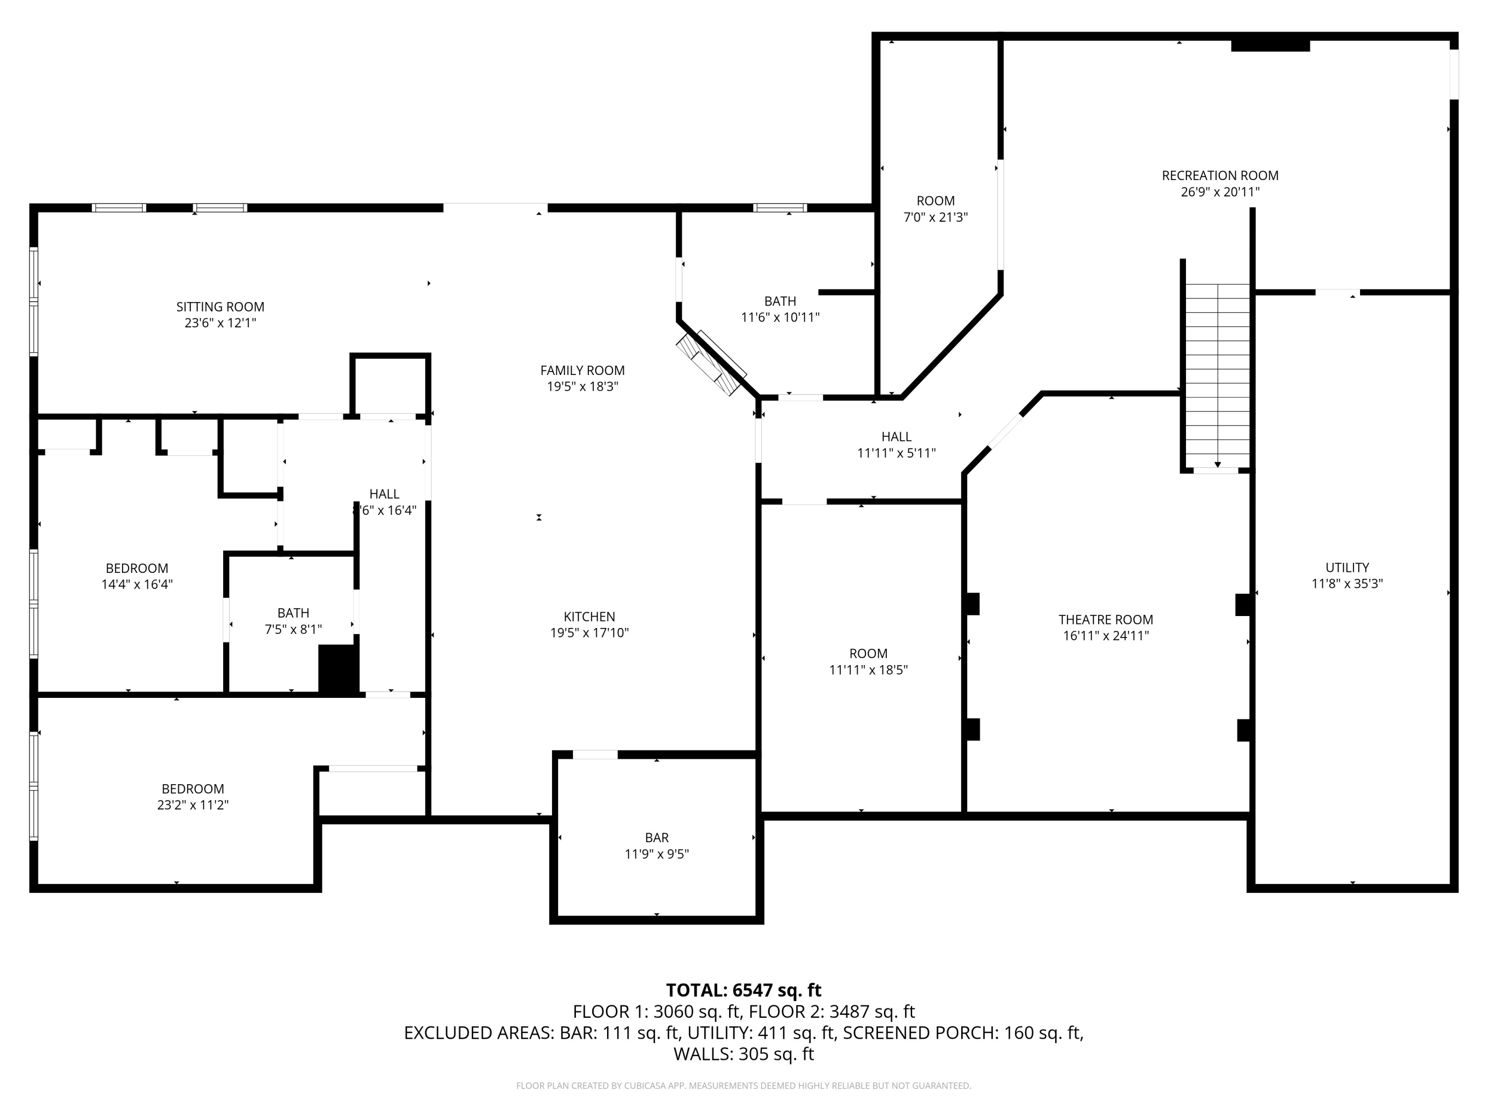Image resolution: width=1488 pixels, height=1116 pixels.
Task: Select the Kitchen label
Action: click(x=589, y=616)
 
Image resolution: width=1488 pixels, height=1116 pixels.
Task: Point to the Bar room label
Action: click(x=657, y=838)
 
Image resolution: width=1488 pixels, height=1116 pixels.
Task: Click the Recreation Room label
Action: click(x=1220, y=176)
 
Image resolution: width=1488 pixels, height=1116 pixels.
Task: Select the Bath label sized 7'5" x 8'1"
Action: click(x=293, y=613)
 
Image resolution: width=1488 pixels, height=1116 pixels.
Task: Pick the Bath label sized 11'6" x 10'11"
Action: click(x=780, y=302)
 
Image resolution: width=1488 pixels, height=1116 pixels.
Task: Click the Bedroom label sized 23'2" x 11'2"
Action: click(x=192, y=789)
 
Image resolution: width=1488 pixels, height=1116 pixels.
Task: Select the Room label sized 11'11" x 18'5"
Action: click(x=868, y=653)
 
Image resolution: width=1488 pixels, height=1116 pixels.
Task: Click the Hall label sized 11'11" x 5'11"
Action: click(x=896, y=436)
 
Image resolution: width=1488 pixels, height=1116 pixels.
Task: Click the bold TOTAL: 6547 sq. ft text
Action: click(x=744, y=990)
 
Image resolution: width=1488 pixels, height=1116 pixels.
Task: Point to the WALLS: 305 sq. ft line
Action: click(x=744, y=1054)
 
